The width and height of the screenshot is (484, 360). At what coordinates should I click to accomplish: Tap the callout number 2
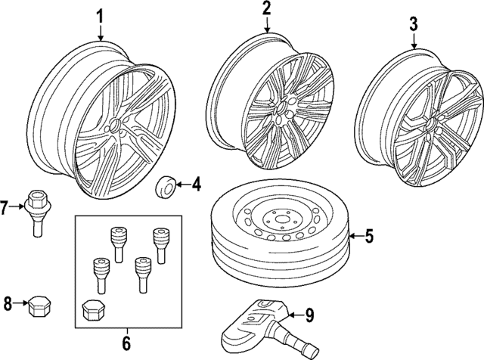266,9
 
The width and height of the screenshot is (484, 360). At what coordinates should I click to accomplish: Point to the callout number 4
195,183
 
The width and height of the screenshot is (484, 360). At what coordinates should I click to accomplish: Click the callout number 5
370,237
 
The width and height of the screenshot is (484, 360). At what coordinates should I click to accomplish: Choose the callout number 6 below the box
126,343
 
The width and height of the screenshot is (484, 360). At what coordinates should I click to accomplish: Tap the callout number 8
7,305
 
